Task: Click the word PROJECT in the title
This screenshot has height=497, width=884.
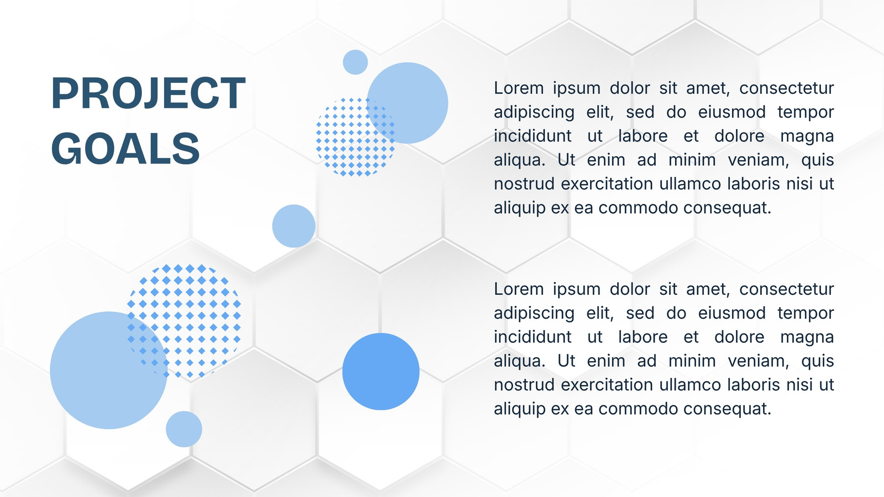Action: [x=149, y=93]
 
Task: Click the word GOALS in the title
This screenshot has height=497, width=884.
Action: [x=125, y=149]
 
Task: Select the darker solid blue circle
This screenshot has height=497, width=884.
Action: [x=381, y=372]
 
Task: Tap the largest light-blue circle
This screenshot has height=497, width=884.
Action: [x=108, y=371]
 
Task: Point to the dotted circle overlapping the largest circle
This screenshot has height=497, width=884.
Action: [x=185, y=321]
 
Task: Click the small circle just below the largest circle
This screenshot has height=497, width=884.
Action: [x=184, y=429]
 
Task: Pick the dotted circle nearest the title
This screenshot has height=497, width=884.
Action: [x=355, y=137]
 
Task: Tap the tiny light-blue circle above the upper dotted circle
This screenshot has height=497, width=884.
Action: [x=355, y=62]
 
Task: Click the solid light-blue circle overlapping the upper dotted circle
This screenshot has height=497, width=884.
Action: [x=408, y=103]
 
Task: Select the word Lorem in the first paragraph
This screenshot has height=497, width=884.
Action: [x=519, y=88]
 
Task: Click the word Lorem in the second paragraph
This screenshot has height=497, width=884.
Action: [x=519, y=289]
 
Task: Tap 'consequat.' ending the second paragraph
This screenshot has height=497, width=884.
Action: [x=727, y=409]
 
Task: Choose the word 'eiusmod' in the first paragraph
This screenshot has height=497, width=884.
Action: [x=732, y=112]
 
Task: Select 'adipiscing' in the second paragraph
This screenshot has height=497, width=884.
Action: [x=534, y=314]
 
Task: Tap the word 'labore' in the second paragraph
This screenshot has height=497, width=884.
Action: [x=643, y=337]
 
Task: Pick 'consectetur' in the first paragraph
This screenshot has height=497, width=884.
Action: [x=787, y=88]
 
